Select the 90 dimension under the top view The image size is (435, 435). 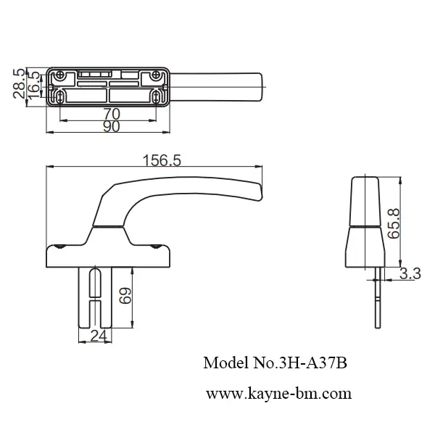[x=111, y=126]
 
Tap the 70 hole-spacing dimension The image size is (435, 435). [x=111, y=113]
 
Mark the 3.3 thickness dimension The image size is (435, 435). [x=410, y=273]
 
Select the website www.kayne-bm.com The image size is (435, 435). [x=278, y=394]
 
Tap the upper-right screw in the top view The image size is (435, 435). [x=156, y=75]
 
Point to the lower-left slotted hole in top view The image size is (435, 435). [x=60, y=96]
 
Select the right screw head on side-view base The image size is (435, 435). [x=156, y=247]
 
